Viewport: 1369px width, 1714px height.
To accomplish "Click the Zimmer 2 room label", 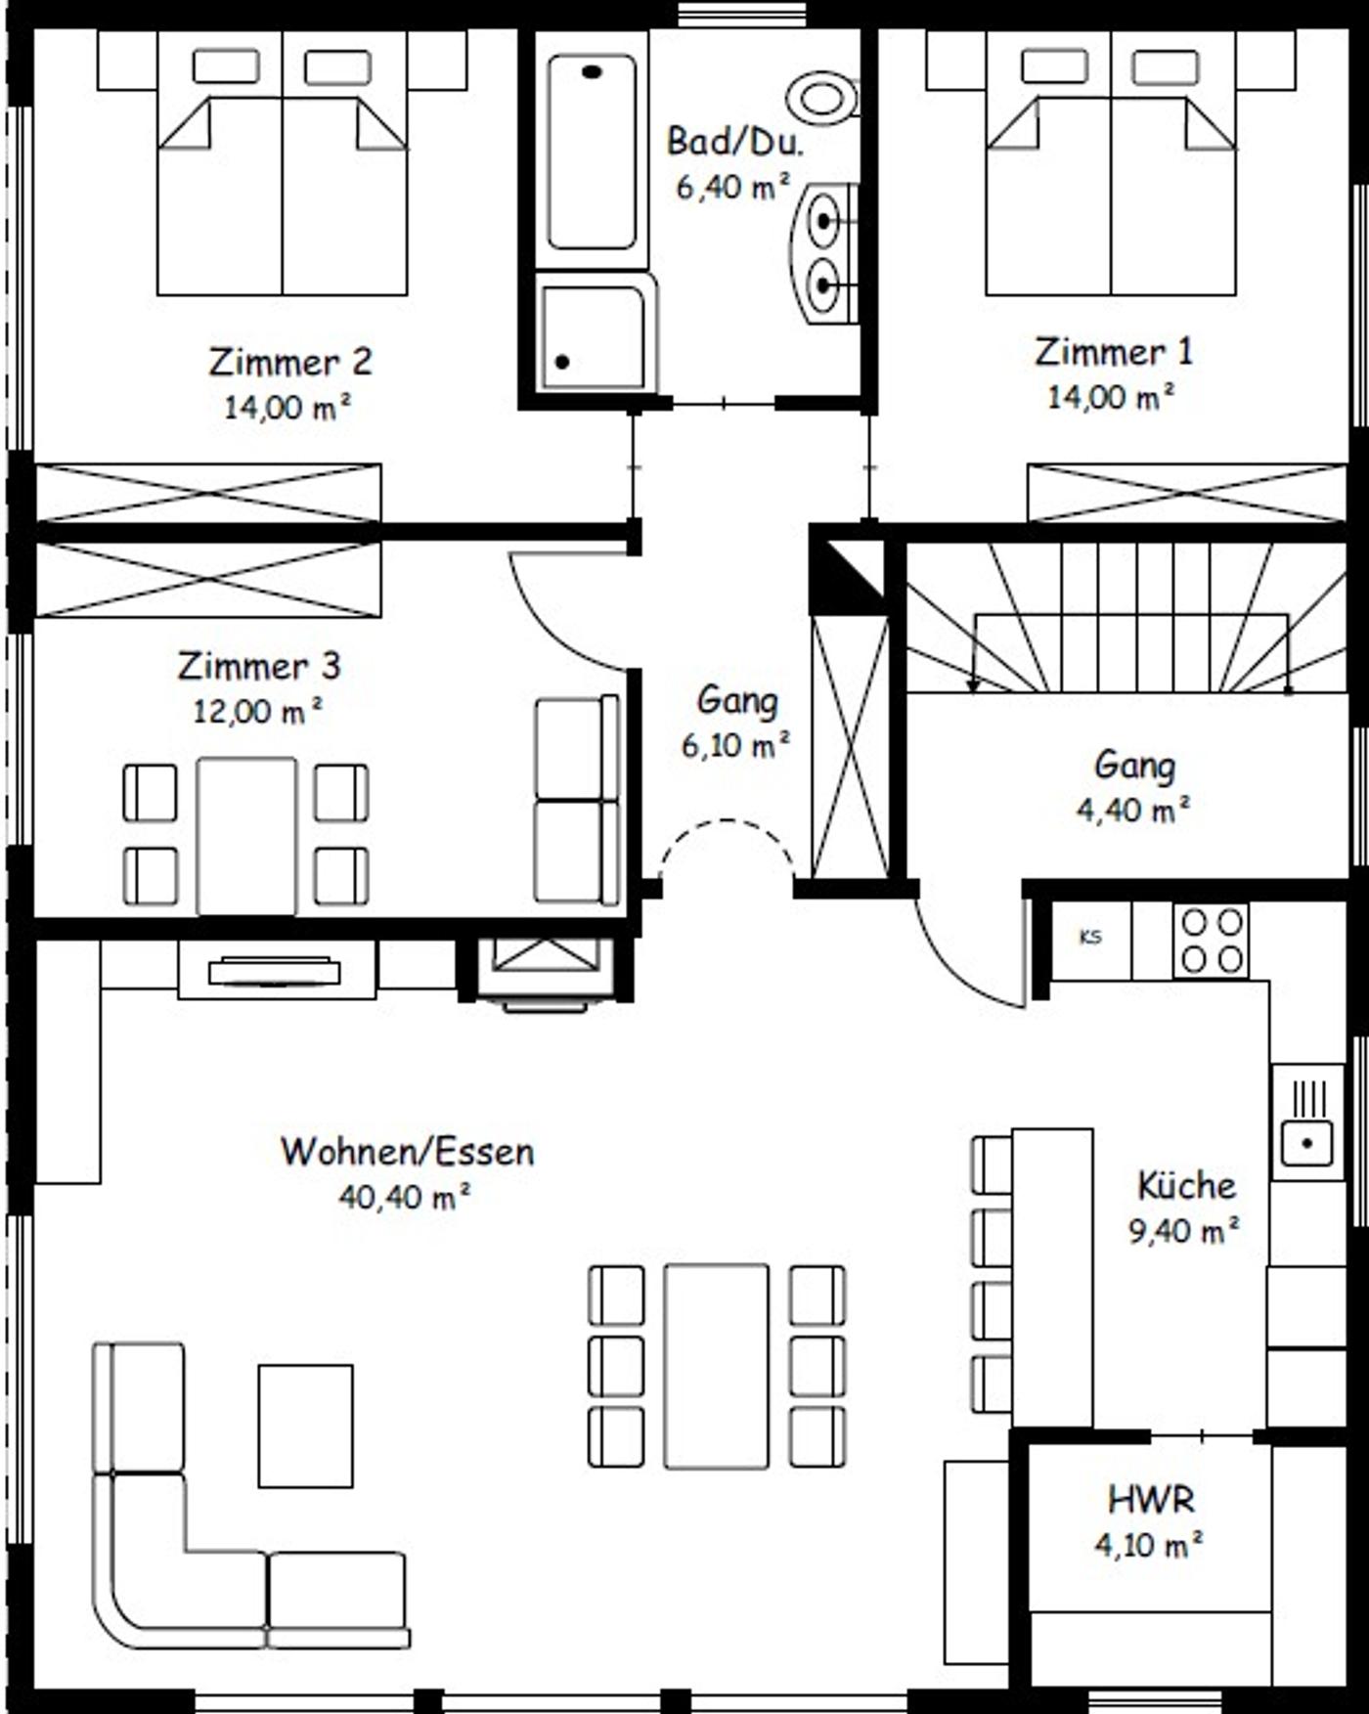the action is click(290, 362).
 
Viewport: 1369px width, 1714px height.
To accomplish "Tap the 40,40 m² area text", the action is click(405, 1196).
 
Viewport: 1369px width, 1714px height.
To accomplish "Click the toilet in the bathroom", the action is click(822, 97).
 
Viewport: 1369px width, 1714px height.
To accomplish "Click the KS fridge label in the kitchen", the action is click(1090, 937).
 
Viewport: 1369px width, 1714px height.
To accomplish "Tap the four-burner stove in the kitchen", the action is click(1212, 940).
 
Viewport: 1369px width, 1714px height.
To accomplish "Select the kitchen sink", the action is click(1308, 1121).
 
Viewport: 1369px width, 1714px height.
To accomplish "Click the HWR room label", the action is click(1151, 1499).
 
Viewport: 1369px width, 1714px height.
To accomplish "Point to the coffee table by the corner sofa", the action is click(305, 1426).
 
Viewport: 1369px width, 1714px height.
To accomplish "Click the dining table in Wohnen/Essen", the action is click(716, 1366).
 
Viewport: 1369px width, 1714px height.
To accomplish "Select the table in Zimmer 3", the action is click(246, 836).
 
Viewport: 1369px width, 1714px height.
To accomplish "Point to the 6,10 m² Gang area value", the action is click(736, 745).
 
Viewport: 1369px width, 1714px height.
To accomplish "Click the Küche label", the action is click(1186, 1186).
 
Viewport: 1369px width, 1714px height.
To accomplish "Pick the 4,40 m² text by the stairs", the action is click(1133, 810).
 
